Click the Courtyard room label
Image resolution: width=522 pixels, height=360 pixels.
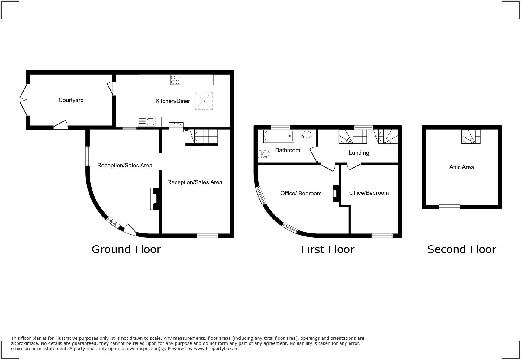click(71, 100)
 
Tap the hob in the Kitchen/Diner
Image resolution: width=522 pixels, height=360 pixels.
click(175, 80)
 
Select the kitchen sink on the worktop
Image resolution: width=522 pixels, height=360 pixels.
click(147, 122)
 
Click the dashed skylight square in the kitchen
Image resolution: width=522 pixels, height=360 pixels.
click(203, 101)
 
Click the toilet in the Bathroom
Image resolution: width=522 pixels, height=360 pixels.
click(264, 154)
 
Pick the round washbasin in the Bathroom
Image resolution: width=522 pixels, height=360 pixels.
click(307, 134)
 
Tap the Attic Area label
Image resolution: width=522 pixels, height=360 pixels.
click(461, 167)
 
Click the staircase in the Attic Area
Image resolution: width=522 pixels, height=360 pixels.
click(471, 137)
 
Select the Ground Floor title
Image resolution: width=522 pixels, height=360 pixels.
click(126, 249)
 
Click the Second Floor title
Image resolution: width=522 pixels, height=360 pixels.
click(461, 249)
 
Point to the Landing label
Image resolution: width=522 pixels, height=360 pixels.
click(359, 153)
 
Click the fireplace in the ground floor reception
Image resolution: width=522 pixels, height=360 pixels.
click(155, 198)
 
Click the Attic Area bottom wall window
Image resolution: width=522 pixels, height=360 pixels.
click(449, 207)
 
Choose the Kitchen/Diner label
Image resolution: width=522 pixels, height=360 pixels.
click(172, 101)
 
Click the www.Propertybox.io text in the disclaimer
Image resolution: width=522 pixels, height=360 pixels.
click(215, 349)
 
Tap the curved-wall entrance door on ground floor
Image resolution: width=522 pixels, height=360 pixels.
click(130, 230)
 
